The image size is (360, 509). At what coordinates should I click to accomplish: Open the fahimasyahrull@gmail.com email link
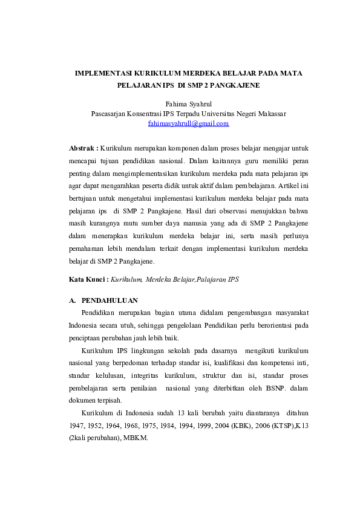188,123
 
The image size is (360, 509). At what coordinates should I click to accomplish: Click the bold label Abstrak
83,148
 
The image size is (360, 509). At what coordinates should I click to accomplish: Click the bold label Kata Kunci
88,280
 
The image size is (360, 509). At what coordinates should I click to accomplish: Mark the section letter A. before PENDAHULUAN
73,300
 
